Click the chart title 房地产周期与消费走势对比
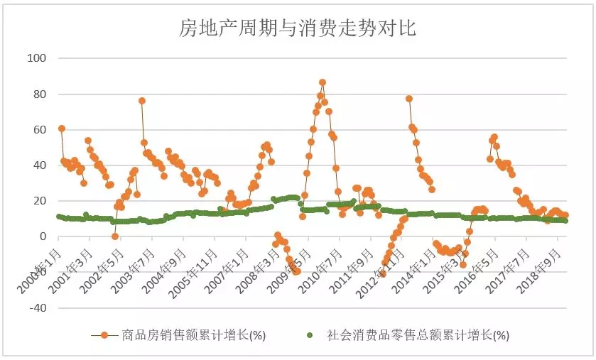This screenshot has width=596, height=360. coord(297,29)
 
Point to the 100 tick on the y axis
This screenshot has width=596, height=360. coord(36,58)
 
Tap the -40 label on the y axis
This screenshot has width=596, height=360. coord(37,308)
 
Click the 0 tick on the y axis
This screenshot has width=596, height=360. coord(42,236)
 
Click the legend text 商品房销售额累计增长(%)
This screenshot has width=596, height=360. coord(194,335)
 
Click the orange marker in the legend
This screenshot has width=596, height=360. coord(104,335)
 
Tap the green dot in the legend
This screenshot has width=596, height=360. coord(309,335)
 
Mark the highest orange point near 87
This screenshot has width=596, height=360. coord(322,82)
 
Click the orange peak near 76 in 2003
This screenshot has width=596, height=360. coord(142,101)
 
